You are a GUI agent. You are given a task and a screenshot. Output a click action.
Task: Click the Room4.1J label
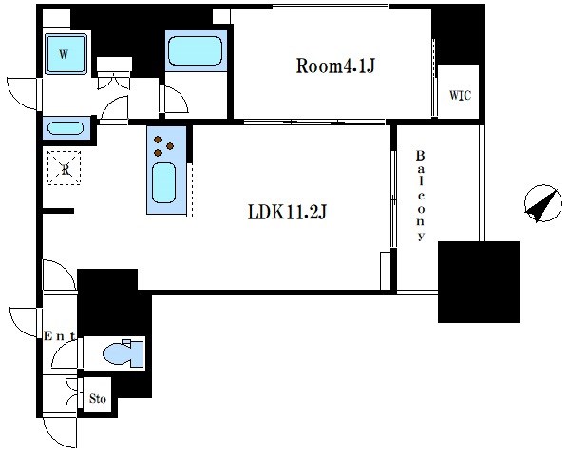pyautogui.click(x=335, y=66)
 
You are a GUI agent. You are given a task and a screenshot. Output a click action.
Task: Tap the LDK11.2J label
pyautogui.click(x=287, y=212)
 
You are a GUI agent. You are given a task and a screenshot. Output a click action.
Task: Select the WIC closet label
pyautogui.click(x=460, y=95)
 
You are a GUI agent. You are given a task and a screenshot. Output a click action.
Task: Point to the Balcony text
pyautogui.click(x=420, y=196)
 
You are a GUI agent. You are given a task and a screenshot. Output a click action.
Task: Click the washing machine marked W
pyautogui.click(x=66, y=54)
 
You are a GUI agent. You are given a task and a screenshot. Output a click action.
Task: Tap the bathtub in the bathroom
pyautogui.click(x=196, y=51)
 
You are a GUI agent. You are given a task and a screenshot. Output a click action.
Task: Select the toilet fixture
pyautogui.click(x=123, y=353)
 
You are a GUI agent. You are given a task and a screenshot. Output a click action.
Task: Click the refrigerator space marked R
pyautogui.click(x=65, y=168)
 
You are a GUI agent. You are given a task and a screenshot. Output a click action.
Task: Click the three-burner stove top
pyautogui.click(x=163, y=145)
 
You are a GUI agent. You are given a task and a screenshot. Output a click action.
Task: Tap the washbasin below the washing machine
pyautogui.click(x=66, y=128)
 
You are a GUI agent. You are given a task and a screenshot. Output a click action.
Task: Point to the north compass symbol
pyautogui.click(x=543, y=203)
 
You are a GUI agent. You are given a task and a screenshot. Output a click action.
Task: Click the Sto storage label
pyautogui.click(x=98, y=399)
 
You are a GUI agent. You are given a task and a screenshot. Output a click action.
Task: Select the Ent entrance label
pyautogui.click(x=60, y=336)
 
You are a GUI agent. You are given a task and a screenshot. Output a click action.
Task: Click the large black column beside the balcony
pyautogui.click(x=479, y=282)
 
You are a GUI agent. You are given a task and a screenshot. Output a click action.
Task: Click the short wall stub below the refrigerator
pyautogui.click(x=58, y=211)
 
